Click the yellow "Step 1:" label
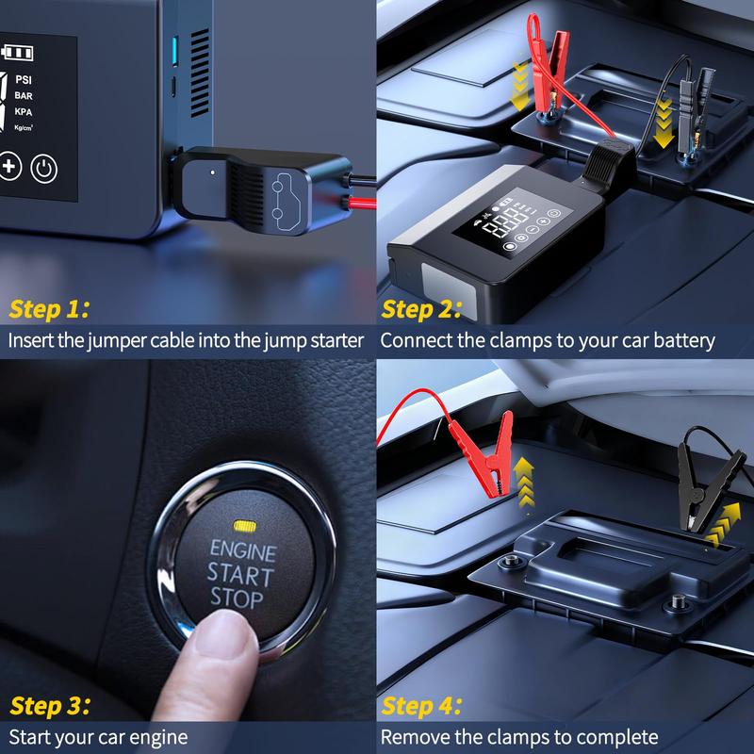tap(49, 309)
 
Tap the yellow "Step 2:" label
tap(421, 309)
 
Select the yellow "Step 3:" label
tap(50, 706)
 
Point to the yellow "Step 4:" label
tap(421, 706)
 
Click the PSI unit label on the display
tap(24, 79)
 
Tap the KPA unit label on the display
tap(24, 111)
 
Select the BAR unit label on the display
tap(24, 96)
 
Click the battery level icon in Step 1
tap(17, 52)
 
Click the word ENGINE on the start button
tap(243, 550)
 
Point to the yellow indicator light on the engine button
tap(245, 526)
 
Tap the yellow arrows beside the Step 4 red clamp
tap(524, 483)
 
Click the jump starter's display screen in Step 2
tap(513, 222)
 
